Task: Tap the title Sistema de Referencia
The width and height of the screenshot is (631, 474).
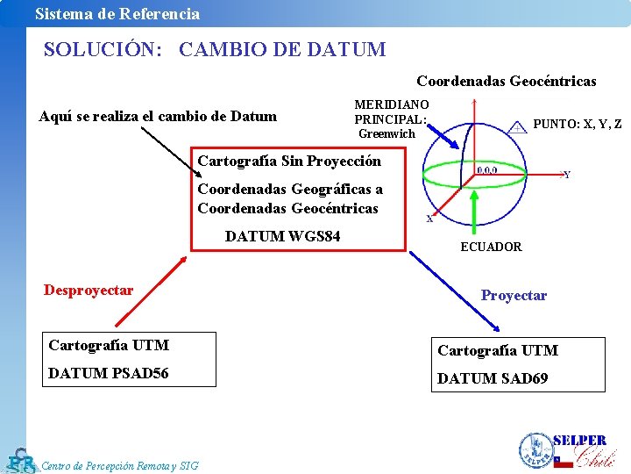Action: click(x=117, y=13)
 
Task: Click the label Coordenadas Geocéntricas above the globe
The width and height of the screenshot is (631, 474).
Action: click(x=506, y=82)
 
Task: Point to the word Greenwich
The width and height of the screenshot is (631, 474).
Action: click(x=386, y=134)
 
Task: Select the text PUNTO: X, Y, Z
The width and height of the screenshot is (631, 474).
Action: click(x=577, y=125)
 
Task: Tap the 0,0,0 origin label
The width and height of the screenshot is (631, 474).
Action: click(x=487, y=170)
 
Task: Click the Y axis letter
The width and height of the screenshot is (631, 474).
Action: click(x=567, y=176)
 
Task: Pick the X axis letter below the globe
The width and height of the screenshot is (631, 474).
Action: click(x=429, y=219)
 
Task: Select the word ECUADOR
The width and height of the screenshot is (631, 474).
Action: click(x=491, y=248)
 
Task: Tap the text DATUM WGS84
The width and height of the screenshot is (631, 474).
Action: click(x=282, y=236)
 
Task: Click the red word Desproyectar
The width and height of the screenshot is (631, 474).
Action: click(x=89, y=291)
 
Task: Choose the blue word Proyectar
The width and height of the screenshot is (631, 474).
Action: click(x=514, y=296)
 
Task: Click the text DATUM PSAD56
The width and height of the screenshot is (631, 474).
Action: click(x=109, y=374)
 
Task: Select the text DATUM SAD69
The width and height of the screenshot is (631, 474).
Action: click(x=493, y=378)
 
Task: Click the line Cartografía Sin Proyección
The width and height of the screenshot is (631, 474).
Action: click(x=289, y=162)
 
